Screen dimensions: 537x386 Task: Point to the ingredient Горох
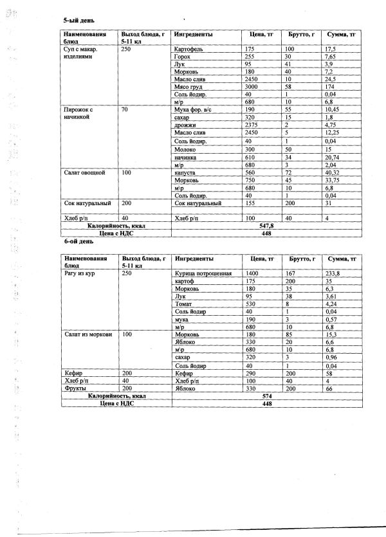183,57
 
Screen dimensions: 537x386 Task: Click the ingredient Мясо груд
190,87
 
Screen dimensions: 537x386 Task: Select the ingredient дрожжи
185,126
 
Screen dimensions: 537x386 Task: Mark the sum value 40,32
332,173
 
